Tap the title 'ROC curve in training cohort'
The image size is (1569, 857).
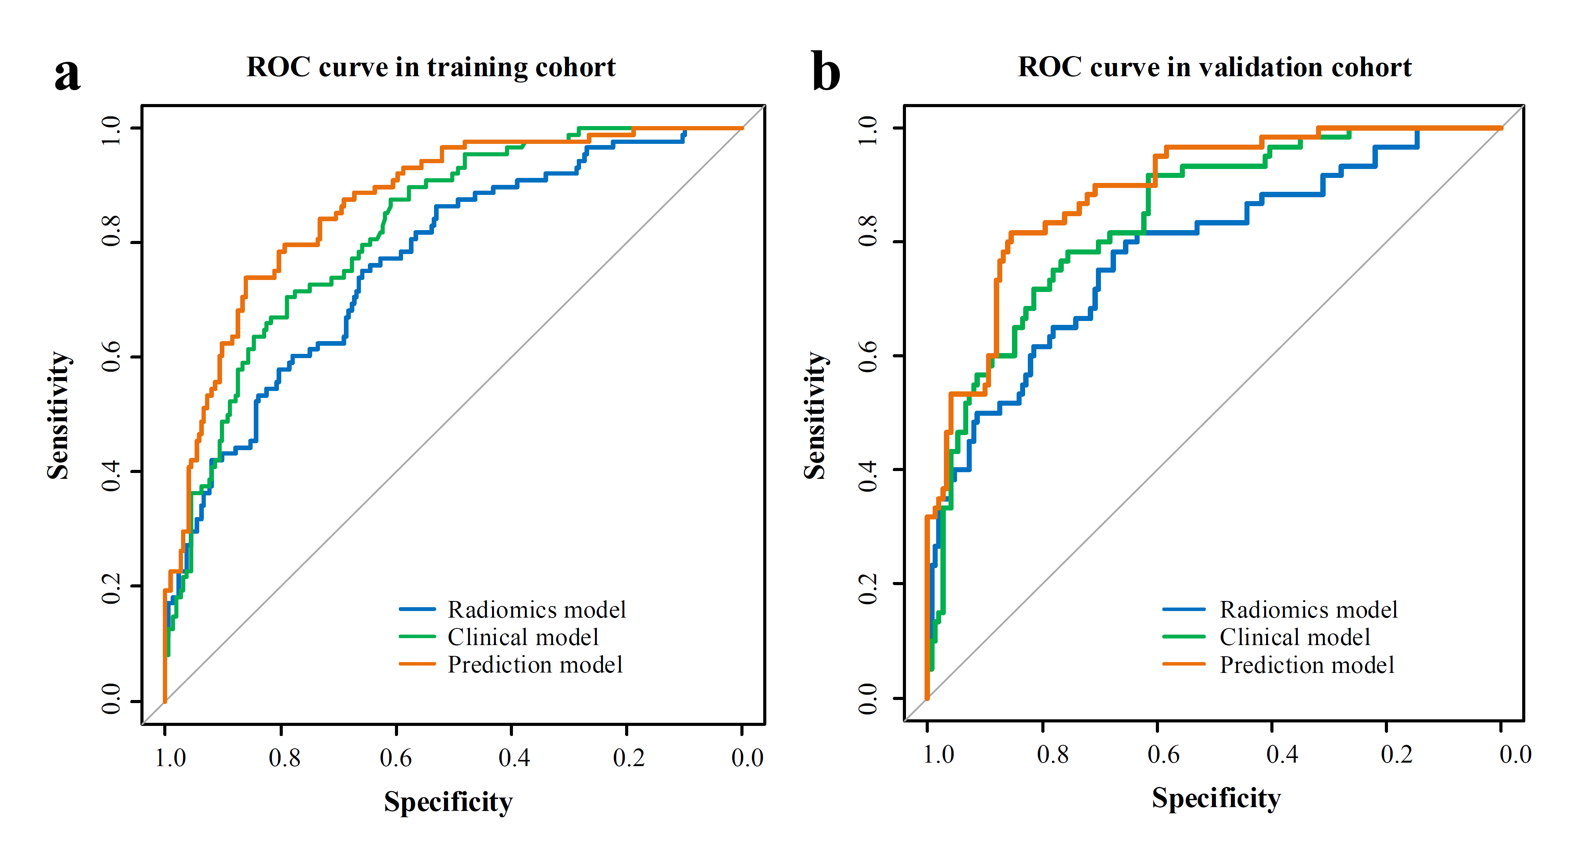point(431,67)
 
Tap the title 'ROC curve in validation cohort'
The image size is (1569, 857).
point(1215,67)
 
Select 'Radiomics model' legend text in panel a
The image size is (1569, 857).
point(537,610)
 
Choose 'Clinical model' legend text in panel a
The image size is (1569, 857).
point(523,637)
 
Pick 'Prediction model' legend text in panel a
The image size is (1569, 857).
point(535,664)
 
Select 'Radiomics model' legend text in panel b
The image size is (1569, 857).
point(1308,610)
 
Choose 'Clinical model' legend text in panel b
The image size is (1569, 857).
point(1294,637)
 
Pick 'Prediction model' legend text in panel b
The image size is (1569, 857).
point(1306,664)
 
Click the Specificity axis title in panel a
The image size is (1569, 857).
point(448,802)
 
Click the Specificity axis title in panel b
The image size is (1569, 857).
point(1216,798)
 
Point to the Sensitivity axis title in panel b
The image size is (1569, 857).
point(815,415)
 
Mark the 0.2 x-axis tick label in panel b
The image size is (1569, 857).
point(1396,755)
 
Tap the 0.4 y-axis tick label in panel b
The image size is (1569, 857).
point(868,469)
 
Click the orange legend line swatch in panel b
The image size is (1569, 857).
point(1183,664)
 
